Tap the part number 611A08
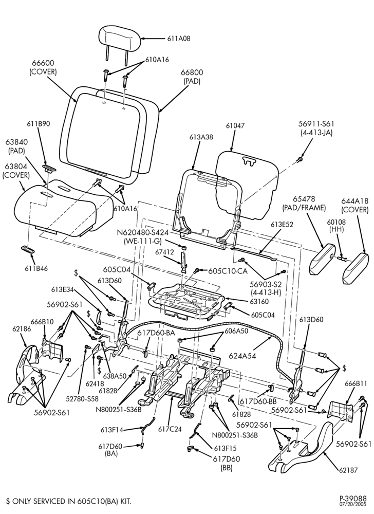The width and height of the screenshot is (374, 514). tap(179, 39)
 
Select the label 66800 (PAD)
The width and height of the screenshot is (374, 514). tap(192, 77)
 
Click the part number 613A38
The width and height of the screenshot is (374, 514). tap(201, 137)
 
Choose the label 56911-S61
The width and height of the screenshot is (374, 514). tap(316, 124)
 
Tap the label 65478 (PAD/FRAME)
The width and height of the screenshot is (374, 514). tap(304, 203)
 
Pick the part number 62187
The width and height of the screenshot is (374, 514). tap(348, 470)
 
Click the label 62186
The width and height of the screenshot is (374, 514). tap(22, 329)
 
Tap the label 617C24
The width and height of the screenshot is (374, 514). tap(170, 429)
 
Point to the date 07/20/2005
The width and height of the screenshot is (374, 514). tap(356, 504)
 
